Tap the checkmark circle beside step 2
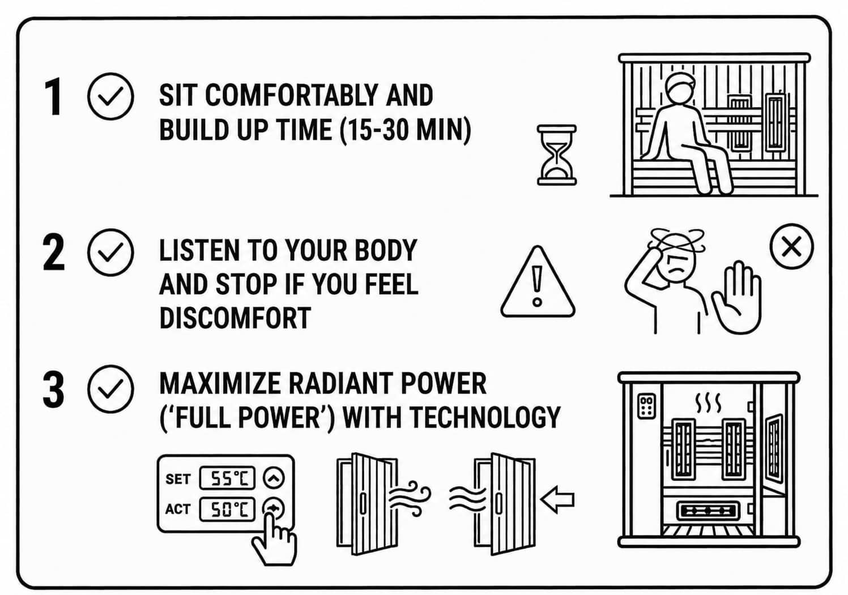pyautogui.click(x=110, y=252)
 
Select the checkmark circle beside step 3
pyautogui.click(x=110, y=388)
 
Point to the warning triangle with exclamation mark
pyautogui.click(x=538, y=282)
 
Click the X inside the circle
pyautogui.click(x=791, y=247)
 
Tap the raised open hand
pyautogui.click(x=737, y=297)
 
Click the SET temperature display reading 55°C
pyautogui.click(x=227, y=478)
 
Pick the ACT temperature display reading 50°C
pyautogui.click(x=227, y=509)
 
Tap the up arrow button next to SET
pyautogui.click(x=274, y=477)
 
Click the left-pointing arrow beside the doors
pyautogui.click(x=557, y=500)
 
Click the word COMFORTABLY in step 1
pyautogui.click(x=291, y=95)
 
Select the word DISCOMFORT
pyautogui.click(x=235, y=318)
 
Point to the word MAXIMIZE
pyautogui.click(x=220, y=384)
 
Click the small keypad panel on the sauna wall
pyautogui.click(x=646, y=406)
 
